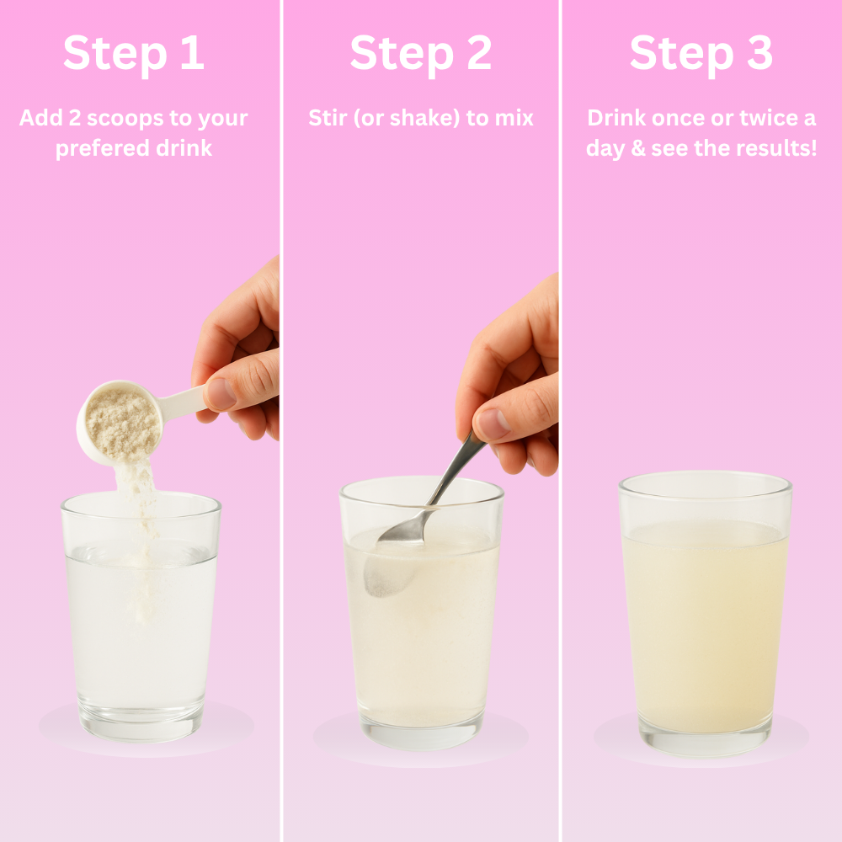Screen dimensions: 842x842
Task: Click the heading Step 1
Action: click(x=134, y=54)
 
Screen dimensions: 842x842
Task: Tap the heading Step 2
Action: click(x=420, y=54)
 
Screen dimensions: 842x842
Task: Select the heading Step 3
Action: click(x=701, y=54)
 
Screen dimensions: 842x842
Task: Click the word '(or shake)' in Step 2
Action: click(x=407, y=118)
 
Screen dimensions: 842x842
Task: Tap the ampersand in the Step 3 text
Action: click(x=638, y=148)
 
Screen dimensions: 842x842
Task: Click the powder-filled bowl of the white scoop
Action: click(x=121, y=423)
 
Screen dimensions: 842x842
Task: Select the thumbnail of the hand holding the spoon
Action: click(x=493, y=424)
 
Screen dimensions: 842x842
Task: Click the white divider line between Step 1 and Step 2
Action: click(x=281, y=421)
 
